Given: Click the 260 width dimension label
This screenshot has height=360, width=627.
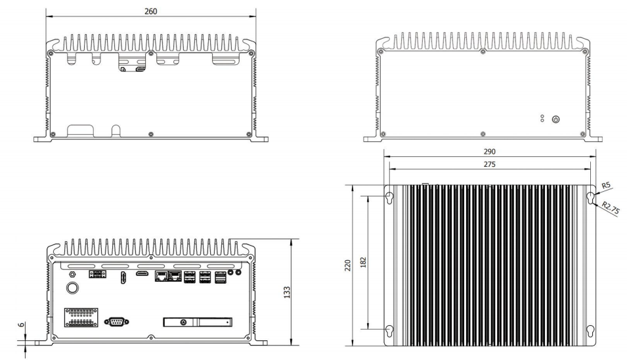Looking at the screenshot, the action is point(150,11).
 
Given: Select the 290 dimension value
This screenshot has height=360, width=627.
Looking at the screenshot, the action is point(489,152).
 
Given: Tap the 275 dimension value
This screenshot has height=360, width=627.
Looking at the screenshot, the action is point(489,164).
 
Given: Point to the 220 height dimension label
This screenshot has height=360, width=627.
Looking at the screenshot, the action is point(347,265).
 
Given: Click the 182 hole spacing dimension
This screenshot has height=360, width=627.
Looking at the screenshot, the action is point(363,262).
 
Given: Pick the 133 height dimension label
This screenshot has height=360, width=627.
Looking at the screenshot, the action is point(287,292).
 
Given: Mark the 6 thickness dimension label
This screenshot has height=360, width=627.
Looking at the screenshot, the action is point(21,325).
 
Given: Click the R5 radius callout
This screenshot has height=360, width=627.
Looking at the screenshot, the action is point(606,185).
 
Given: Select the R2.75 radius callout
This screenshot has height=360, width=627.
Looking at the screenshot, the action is point(611,209).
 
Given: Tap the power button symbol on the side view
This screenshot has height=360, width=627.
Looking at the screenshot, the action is point(555,119).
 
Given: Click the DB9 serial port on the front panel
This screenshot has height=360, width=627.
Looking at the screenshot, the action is point(116,321).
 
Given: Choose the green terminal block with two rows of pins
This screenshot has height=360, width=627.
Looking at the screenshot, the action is point(81,317).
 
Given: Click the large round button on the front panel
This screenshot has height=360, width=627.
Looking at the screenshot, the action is point(72,288).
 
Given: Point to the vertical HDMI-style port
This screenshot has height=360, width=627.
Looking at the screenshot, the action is point(123,278).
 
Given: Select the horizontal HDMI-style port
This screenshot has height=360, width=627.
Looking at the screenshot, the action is point(142,273).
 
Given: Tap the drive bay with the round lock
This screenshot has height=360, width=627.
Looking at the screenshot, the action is point(198,322).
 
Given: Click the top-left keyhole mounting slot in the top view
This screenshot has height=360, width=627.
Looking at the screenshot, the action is point(389,198).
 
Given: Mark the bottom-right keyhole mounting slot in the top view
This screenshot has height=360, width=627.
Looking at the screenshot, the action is point(590,331).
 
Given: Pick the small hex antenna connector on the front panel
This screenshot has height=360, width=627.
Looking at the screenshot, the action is point(72,275).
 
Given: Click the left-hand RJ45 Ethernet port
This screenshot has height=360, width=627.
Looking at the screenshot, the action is point(161,276).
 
